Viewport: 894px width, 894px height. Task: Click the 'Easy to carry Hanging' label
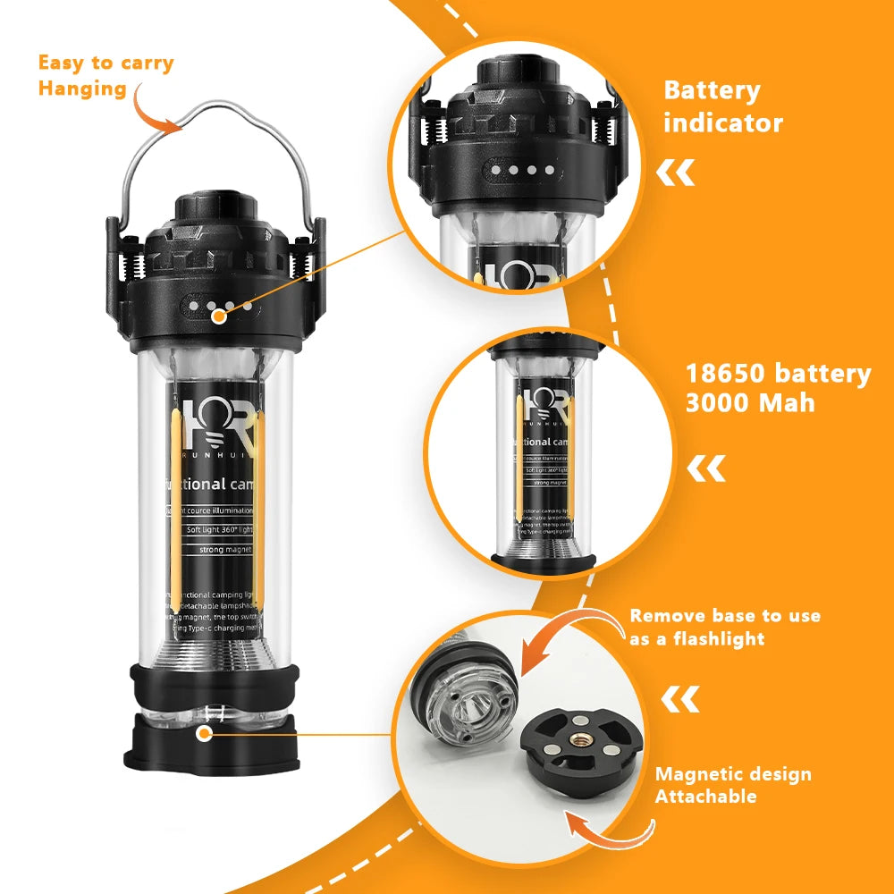click(105, 75)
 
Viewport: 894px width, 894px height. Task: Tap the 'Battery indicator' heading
click(722, 106)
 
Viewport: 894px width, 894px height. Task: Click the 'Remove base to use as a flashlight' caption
click(725, 627)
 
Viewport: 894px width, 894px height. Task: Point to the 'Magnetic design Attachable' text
click(733, 784)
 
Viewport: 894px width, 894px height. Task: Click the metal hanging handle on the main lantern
click(220, 125)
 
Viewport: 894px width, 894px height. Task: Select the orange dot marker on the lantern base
click(205, 733)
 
